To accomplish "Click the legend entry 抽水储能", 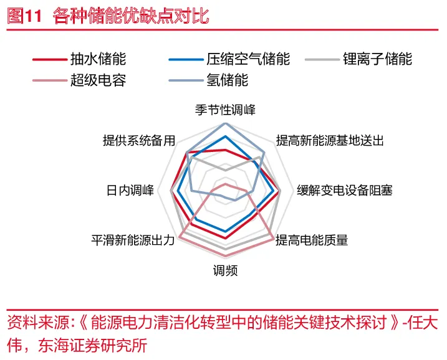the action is (x=98, y=59).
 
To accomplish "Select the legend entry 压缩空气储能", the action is (x=248, y=59).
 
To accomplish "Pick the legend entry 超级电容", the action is (x=98, y=80).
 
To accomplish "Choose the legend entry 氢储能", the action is (x=227, y=80).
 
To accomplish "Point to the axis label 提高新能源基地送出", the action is (x=329, y=141).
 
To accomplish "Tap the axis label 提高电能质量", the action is (x=312, y=240).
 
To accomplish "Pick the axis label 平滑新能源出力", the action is (x=133, y=240).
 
